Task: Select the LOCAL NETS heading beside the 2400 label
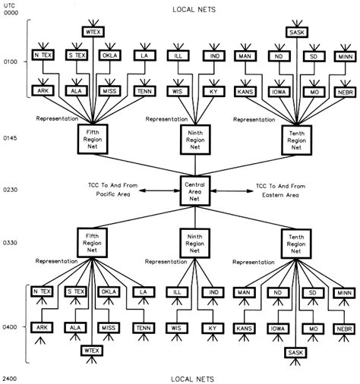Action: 192,377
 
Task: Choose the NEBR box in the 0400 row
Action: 345,328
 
